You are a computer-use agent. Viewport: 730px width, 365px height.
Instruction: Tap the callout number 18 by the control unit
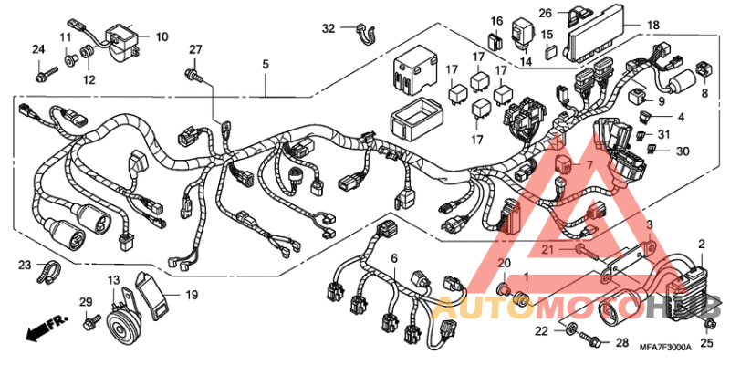(x=653, y=25)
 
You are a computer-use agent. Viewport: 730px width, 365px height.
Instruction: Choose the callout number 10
(x=162, y=36)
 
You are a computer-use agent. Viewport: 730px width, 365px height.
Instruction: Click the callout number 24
(x=38, y=48)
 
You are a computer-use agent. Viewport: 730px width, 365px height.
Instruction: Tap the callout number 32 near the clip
(x=328, y=28)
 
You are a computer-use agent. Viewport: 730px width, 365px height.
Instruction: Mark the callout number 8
(x=704, y=92)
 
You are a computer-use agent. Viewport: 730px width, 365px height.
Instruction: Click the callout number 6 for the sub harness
(x=394, y=258)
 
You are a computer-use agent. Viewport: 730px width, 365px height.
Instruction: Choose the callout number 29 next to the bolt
(x=85, y=302)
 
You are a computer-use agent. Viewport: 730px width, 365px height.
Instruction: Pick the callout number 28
(x=622, y=343)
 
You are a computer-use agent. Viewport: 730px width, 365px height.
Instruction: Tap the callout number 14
(x=525, y=62)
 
